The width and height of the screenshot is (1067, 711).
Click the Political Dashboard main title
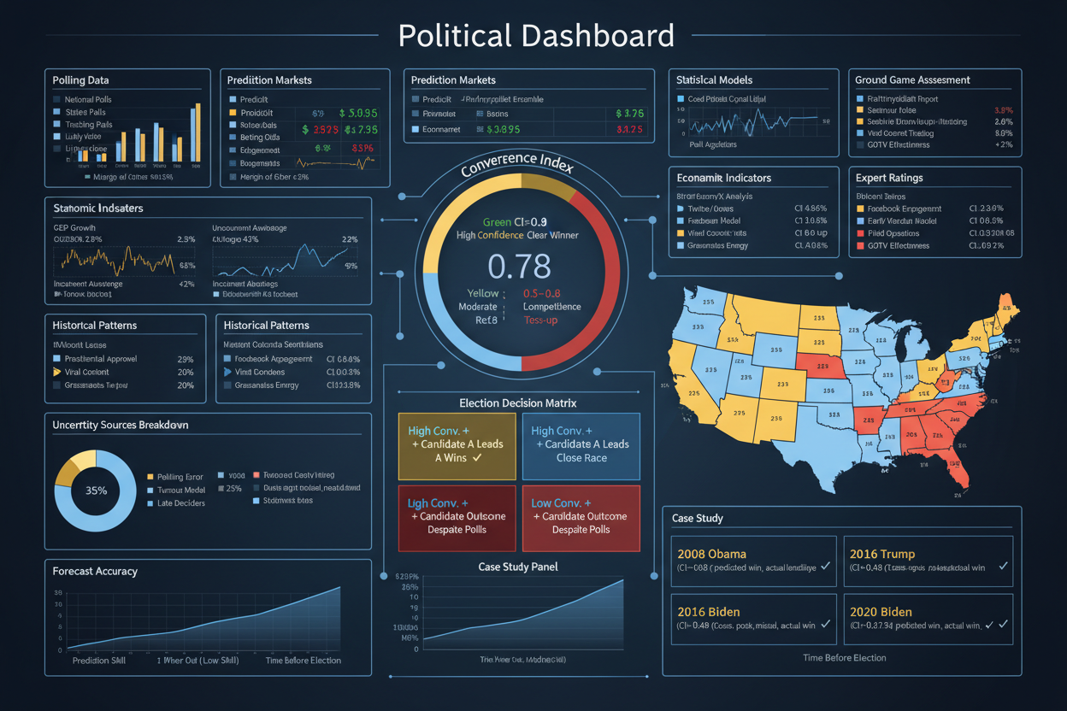[536, 36]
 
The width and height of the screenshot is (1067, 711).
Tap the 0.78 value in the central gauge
[519, 267]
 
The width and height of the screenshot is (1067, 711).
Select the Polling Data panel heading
[80, 80]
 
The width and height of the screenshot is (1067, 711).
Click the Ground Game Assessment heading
[912, 80]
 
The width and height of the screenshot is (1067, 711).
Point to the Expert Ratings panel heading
[889, 179]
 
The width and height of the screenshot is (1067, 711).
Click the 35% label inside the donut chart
[96, 491]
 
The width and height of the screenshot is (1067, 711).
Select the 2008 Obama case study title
[711, 554]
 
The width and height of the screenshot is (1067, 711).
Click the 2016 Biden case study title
[709, 612]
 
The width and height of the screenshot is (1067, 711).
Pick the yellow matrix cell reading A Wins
[457, 445]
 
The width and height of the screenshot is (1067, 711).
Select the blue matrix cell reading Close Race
[581, 445]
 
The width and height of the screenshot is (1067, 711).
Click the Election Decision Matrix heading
[518, 403]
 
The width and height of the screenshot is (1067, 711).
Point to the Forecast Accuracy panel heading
[95, 571]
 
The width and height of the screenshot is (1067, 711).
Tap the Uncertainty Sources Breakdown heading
[121, 425]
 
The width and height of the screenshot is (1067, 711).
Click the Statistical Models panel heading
[714, 80]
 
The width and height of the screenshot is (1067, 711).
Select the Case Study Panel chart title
[518, 567]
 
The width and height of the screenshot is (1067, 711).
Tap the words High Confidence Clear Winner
[517, 236]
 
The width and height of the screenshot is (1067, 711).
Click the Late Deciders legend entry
[180, 503]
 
